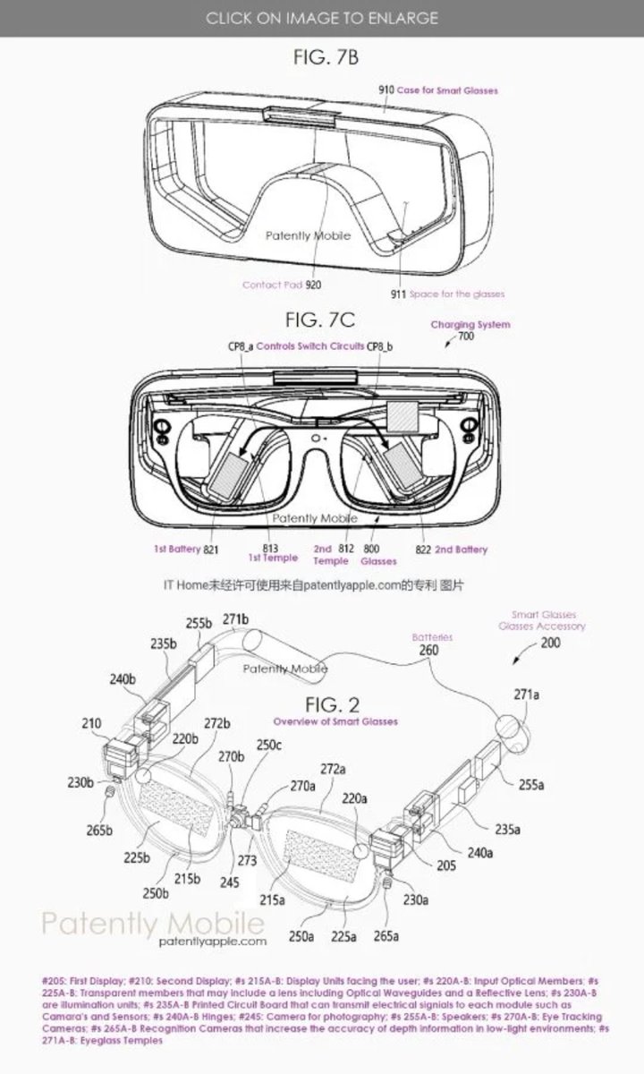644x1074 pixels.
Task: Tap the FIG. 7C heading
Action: [x=321, y=320]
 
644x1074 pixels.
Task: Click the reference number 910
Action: [x=386, y=90]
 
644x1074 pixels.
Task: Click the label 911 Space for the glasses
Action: [x=446, y=294]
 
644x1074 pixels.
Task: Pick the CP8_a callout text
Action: [x=237, y=345]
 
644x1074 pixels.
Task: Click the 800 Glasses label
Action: [x=378, y=554]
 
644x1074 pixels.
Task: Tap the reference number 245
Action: [x=231, y=882]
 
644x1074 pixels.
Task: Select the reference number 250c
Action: [x=268, y=745]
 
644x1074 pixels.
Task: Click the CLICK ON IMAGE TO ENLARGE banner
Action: [x=322, y=18]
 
